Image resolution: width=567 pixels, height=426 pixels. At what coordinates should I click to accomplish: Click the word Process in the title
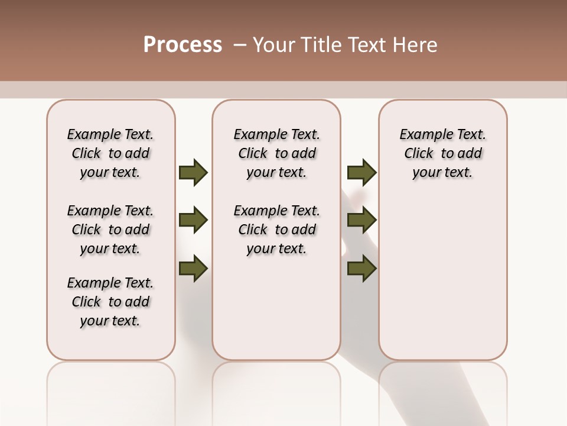(183, 45)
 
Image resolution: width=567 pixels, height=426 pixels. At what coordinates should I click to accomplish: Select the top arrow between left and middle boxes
(193, 173)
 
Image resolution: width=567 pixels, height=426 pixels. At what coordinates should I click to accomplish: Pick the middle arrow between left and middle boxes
(193, 221)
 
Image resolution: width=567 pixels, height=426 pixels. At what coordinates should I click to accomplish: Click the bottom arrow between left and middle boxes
(193, 269)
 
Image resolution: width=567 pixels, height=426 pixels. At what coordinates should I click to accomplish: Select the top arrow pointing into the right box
(361, 173)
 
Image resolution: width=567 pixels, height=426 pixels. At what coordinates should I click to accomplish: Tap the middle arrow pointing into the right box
(361, 221)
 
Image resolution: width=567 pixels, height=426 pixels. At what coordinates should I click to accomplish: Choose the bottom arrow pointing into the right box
(361, 269)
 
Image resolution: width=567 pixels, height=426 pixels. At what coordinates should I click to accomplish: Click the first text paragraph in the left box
(110, 153)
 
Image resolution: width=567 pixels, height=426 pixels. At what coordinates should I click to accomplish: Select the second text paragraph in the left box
(110, 230)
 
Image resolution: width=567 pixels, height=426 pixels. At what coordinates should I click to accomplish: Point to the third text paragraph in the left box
(110, 302)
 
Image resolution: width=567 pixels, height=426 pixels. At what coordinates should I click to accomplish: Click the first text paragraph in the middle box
(276, 153)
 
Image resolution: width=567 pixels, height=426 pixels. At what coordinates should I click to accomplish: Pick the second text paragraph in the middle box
(276, 230)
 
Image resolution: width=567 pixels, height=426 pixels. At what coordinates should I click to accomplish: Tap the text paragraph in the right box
(442, 153)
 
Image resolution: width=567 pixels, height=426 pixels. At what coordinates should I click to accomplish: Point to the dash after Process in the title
(239, 45)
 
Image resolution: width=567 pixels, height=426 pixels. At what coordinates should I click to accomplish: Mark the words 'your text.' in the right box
(442, 173)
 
